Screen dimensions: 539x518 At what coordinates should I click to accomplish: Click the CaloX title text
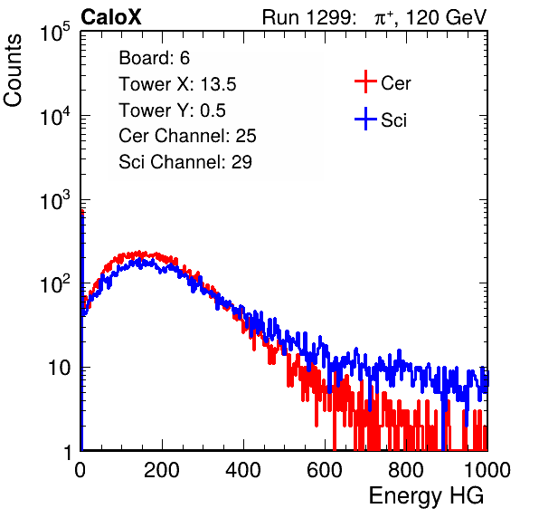pyautogui.click(x=110, y=17)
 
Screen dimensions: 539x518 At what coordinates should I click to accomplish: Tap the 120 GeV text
pyautogui.click(x=446, y=17)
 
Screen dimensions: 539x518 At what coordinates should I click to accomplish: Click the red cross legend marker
pyautogui.click(x=365, y=82)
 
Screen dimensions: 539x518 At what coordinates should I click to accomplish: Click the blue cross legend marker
pyautogui.click(x=365, y=119)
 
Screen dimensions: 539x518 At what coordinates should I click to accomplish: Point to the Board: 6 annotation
pyautogui.click(x=154, y=58)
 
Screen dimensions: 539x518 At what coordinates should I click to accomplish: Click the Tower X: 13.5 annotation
pyautogui.click(x=177, y=84)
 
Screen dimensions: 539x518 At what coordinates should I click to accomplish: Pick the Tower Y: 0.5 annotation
pyautogui.click(x=172, y=110)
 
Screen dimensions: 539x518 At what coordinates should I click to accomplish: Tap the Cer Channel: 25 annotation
pyautogui.click(x=187, y=136)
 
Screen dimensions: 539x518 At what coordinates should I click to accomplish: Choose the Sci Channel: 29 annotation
pyautogui.click(x=185, y=162)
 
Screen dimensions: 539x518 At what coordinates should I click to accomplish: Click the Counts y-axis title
pyautogui.click(x=13, y=71)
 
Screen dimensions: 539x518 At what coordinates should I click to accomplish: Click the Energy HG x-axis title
pyautogui.click(x=426, y=495)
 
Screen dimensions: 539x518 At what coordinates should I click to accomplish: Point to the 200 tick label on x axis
pyautogui.click(x=162, y=470)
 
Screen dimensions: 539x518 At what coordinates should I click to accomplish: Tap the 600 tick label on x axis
pyautogui.click(x=325, y=470)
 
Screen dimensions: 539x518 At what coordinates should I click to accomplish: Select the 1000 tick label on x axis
pyautogui.click(x=487, y=470)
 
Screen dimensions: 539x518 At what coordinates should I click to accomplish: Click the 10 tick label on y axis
pyautogui.click(x=60, y=368)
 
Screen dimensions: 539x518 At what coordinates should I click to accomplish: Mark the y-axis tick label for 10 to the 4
pyautogui.click(x=55, y=115)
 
